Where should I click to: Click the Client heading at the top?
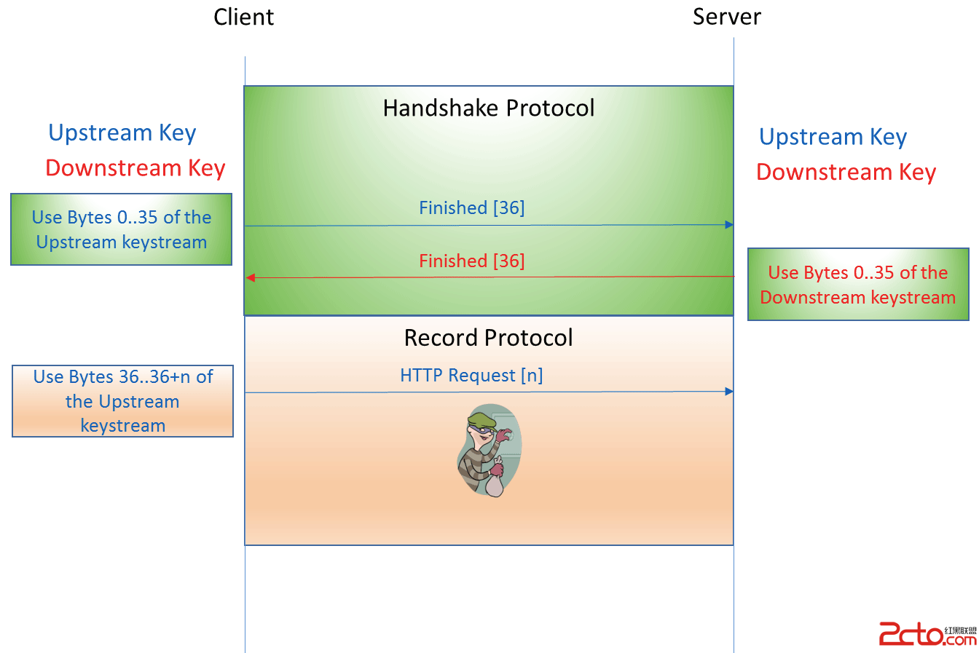tap(243, 17)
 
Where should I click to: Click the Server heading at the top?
tap(726, 17)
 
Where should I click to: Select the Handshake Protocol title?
tap(488, 108)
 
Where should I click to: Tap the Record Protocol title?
tap(488, 338)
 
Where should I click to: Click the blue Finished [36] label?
tap(471, 207)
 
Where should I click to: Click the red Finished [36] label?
tap(471, 261)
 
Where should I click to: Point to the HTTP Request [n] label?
tap(471, 376)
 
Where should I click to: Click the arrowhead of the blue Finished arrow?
tap(729, 225)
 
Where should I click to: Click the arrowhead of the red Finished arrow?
tap(250, 277)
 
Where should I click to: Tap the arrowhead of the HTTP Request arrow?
tap(729, 392)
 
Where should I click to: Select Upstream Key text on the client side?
tap(122, 133)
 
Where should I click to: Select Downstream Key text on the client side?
tap(135, 168)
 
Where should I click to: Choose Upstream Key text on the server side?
tap(833, 137)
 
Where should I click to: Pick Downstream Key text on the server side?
tap(846, 173)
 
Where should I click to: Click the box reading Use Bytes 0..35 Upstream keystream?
tap(122, 229)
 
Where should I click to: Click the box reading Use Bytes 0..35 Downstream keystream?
tap(858, 285)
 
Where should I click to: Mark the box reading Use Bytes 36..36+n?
tap(122, 401)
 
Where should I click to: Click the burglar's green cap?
tap(480, 420)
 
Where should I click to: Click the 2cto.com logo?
tap(927, 634)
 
